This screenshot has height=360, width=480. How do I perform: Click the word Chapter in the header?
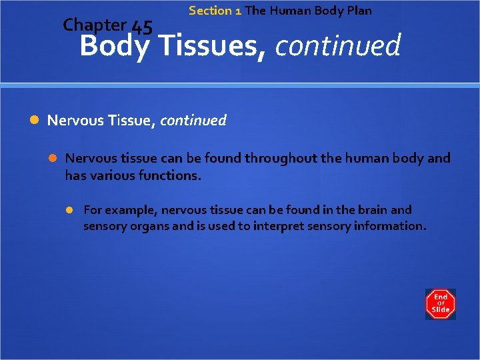pyautogui.click(x=94, y=25)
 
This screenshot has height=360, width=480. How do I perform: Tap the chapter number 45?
pyautogui.click(x=142, y=27)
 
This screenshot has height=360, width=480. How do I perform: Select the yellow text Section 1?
pyautogui.click(x=215, y=11)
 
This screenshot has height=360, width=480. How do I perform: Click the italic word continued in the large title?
pyautogui.click(x=337, y=47)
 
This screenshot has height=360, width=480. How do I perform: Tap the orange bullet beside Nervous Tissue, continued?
pyautogui.click(x=35, y=121)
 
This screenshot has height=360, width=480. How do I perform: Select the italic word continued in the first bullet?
pyautogui.click(x=193, y=121)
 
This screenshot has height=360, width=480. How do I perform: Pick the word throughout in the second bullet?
pyautogui.click(x=279, y=159)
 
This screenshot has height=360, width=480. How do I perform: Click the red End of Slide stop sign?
pyautogui.click(x=441, y=304)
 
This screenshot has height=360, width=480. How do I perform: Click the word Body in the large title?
pyautogui.click(x=114, y=47)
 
